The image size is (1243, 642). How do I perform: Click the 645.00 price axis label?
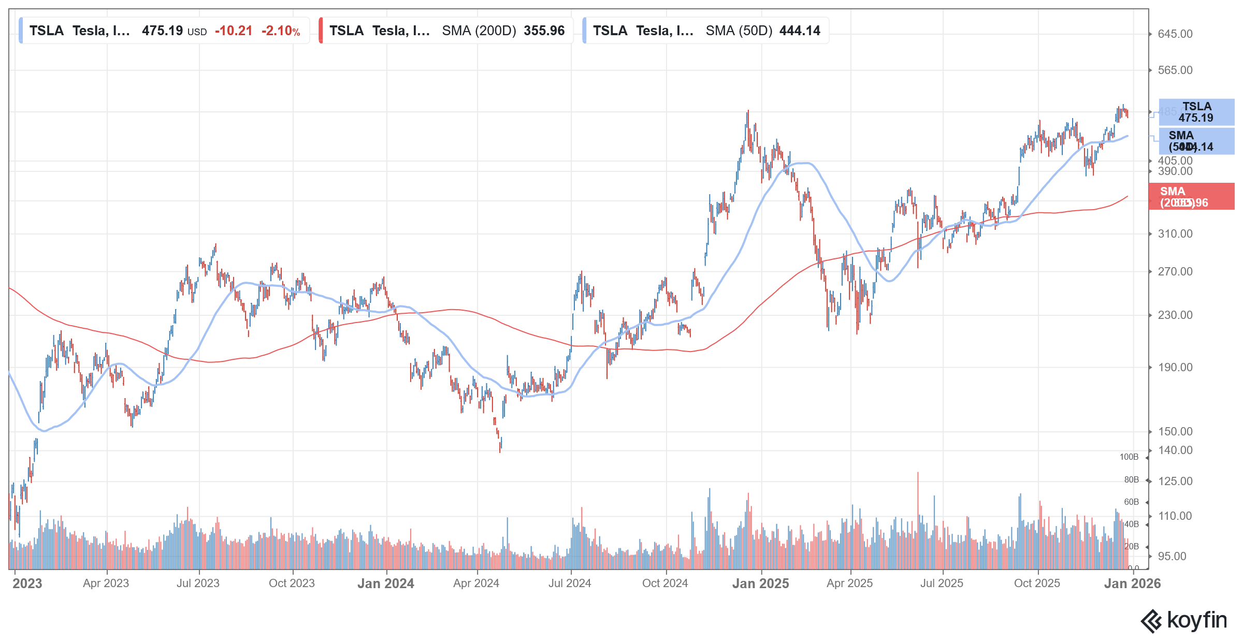point(1175,34)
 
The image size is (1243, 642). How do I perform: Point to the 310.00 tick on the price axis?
point(1175,234)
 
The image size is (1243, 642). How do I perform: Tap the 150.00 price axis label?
point(1175,432)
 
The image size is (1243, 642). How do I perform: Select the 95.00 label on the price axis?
point(1172,557)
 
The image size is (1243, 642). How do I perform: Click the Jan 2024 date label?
point(385,583)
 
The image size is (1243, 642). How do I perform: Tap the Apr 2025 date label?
point(849,583)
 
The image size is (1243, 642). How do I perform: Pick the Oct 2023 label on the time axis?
point(292,583)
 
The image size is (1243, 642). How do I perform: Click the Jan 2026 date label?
point(1132,583)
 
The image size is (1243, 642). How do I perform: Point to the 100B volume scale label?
point(1129,457)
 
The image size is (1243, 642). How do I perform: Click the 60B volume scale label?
point(1131,502)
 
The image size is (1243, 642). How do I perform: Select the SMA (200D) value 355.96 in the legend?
point(544,31)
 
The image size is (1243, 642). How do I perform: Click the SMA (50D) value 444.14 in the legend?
point(800,31)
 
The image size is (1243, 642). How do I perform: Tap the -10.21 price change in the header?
point(234,31)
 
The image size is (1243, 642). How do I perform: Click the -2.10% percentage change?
point(281,31)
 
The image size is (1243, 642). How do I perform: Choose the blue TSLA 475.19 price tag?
point(1196,112)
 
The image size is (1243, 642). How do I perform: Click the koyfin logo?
point(1184,620)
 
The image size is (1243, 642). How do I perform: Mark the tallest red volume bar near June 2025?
point(918,518)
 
